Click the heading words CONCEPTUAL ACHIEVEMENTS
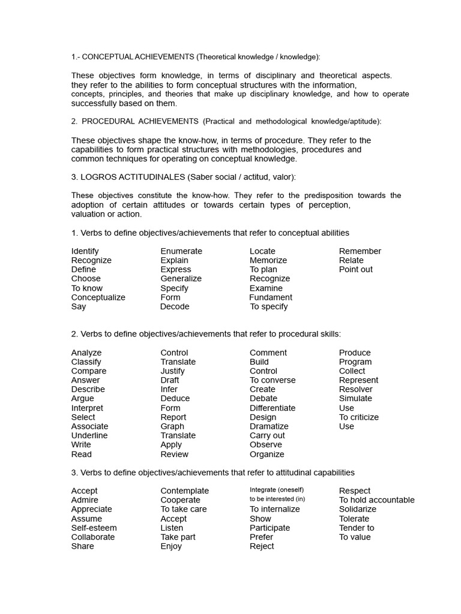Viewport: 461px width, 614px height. tap(137, 57)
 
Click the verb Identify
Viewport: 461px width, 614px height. tap(85, 251)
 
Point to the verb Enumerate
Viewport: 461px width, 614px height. tap(181, 251)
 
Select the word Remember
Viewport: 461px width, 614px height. tap(360, 251)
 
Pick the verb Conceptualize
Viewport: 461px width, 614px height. tap(98, 297)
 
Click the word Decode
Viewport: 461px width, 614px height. tap(175, 306)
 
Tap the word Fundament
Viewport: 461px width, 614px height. tap(271, 297)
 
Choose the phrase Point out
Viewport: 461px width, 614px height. tap(356, 269)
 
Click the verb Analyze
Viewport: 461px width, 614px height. tap(86, 353)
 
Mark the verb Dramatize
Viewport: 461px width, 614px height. tap(270, 426)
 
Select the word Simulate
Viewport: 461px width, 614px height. tap(355, 399)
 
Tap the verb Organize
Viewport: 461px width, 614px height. tap(267, 454)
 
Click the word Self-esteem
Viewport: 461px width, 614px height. tap(94, 528)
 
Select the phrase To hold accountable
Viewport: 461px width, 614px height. tap(376, 500)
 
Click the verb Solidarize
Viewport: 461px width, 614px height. tap(358, 509)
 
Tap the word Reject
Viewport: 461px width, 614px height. tap(262, 546)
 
